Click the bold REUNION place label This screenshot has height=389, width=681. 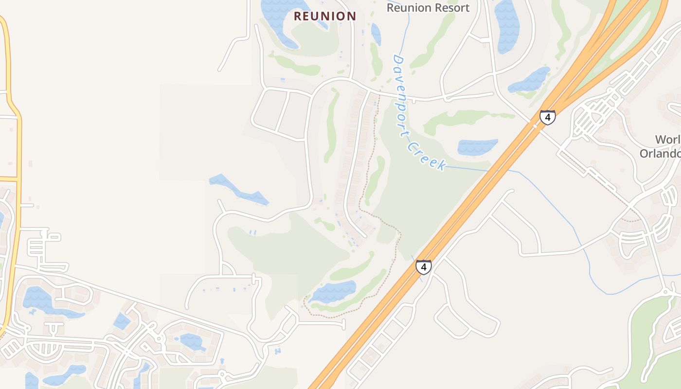325,16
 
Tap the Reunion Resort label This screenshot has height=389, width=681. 428,8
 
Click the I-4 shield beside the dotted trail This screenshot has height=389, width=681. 423,267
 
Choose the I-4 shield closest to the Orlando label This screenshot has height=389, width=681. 547,117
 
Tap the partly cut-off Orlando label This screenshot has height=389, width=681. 661,153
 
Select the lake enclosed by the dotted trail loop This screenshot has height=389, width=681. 333,291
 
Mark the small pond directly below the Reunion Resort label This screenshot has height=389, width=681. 376,34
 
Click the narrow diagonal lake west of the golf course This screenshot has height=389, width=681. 238,190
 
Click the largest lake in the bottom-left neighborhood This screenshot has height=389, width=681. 39,299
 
